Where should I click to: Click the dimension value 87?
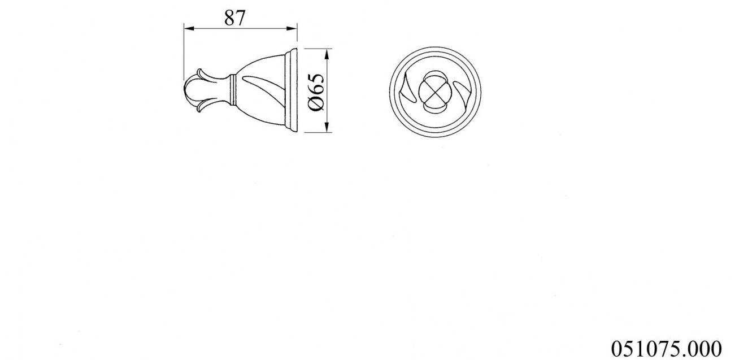click(x=234, y=18)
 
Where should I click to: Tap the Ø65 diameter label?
click(x=316, y=92)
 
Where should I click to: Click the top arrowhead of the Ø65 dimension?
click(x=327, y=53)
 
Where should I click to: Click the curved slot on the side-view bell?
click(x=266, y=85)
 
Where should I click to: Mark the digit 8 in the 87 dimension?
click(x=229, y=18)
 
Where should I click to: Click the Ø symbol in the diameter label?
click(x=316, y=104)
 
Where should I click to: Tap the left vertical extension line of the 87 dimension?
click(x=184, y=51)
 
